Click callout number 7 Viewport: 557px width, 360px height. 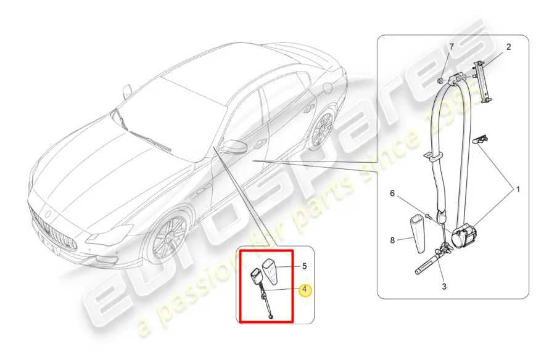452,47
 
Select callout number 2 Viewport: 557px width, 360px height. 508,47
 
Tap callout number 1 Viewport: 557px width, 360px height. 518,190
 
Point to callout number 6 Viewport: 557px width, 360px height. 392,194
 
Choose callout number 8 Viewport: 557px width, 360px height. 392,240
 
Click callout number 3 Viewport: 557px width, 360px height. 444,286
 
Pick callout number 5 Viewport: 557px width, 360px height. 304,266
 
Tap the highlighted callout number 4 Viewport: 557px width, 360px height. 305,290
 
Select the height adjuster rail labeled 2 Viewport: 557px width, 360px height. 482,83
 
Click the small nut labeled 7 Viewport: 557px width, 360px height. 440,81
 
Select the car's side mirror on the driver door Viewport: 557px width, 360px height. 232,146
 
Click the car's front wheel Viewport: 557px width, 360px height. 169,236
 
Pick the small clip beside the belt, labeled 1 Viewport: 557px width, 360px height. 480,139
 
